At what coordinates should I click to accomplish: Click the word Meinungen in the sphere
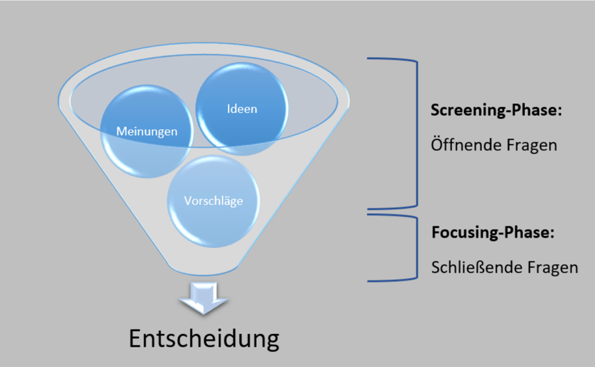146,131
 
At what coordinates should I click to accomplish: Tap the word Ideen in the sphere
242,109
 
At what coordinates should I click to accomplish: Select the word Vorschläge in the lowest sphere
213,201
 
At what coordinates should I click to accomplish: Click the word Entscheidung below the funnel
204,339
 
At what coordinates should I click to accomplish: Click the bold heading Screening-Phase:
496,111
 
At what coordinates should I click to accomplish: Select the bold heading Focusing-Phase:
493,233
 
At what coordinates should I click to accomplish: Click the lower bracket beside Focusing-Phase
415,249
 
